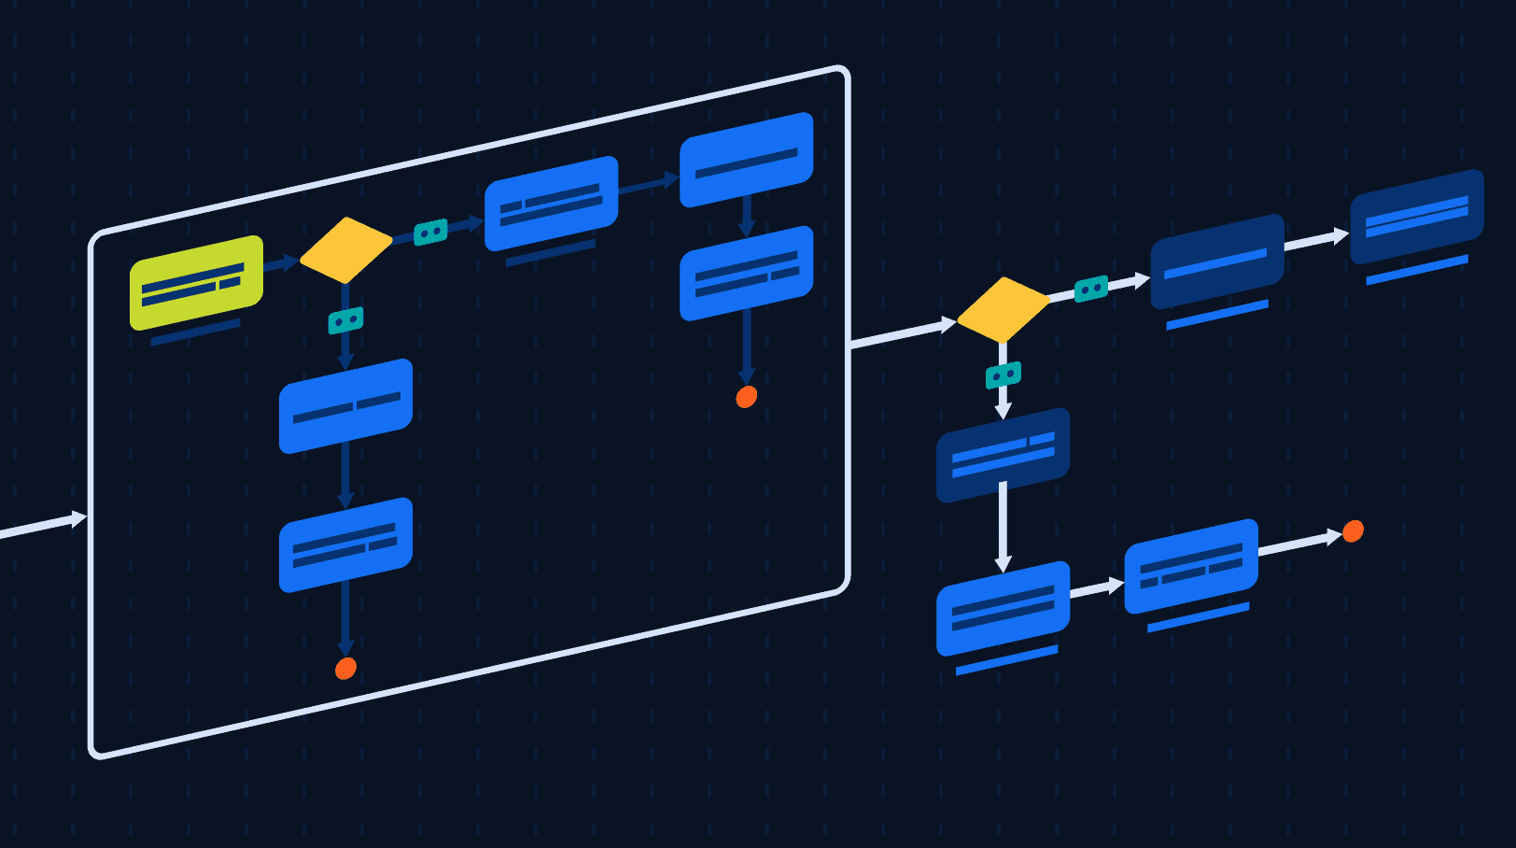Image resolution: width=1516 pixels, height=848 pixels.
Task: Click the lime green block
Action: [196, 283]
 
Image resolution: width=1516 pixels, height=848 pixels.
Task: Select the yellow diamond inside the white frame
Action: [345, 250]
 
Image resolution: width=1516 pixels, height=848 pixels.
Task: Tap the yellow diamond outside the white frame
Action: [1004, 309]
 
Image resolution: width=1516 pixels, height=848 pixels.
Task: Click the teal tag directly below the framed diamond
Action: [345, 320]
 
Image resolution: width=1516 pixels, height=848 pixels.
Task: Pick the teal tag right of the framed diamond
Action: [430, 232]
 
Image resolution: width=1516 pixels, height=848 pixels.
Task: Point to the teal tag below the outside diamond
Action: [1004, 375]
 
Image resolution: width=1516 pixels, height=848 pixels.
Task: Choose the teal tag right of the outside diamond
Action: [1091, 289]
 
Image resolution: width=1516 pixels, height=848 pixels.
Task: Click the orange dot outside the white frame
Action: [1353, 531]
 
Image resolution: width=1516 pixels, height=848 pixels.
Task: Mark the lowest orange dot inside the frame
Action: [345, 669]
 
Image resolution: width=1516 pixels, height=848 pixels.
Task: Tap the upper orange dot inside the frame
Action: [746, 397]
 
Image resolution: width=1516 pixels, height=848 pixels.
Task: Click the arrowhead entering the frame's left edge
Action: [79, 518]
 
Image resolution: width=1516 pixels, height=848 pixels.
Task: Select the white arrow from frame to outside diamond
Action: [901, 333]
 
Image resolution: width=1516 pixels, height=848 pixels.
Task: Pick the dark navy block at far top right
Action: [1416, 217]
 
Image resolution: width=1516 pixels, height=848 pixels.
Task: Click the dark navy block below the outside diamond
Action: [1003, 455]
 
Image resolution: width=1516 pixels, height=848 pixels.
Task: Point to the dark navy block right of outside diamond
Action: [1217, 261]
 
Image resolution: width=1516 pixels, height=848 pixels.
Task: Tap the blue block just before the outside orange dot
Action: [1191, 566]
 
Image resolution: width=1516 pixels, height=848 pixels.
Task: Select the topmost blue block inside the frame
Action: [746, 160]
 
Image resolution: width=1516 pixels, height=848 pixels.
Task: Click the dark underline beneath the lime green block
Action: [195, 332]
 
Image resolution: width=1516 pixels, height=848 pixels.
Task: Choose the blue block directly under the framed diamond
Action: [345, 406]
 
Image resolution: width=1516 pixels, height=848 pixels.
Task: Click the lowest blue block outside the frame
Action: [1003, 608]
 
